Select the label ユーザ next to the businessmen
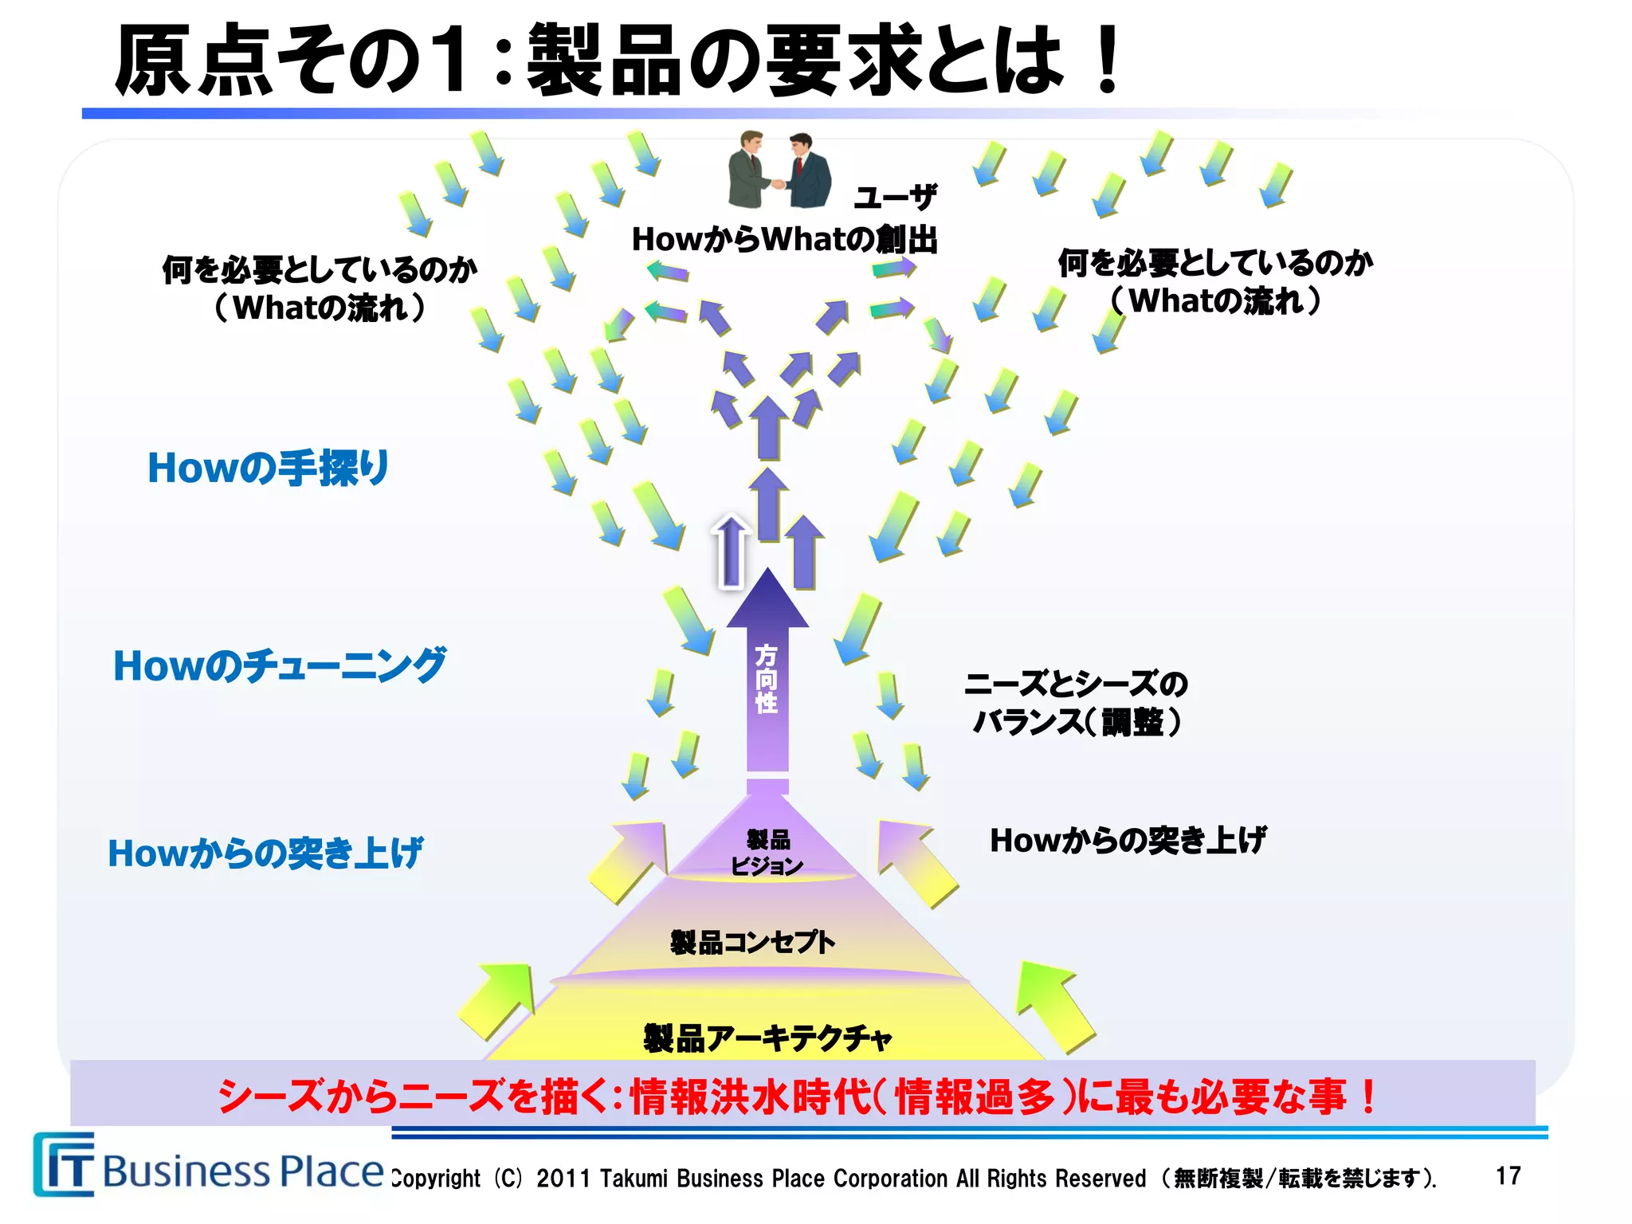click(895, 196)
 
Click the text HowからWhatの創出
click(784, 239)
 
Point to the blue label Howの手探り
click(268, 468)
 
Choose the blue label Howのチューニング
click(280, 665)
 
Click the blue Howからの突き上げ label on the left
click(265, 853)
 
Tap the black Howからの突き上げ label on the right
click(1128, 840)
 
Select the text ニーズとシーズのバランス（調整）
click(1076, 703)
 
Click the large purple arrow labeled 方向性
click(767, 677)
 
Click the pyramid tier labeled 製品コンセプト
click(753, 943)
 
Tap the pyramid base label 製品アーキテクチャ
click(767, 1038)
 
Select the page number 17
click(1508, 1176)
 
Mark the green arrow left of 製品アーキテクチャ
click(498, 1000)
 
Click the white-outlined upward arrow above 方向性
click(731, 550)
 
